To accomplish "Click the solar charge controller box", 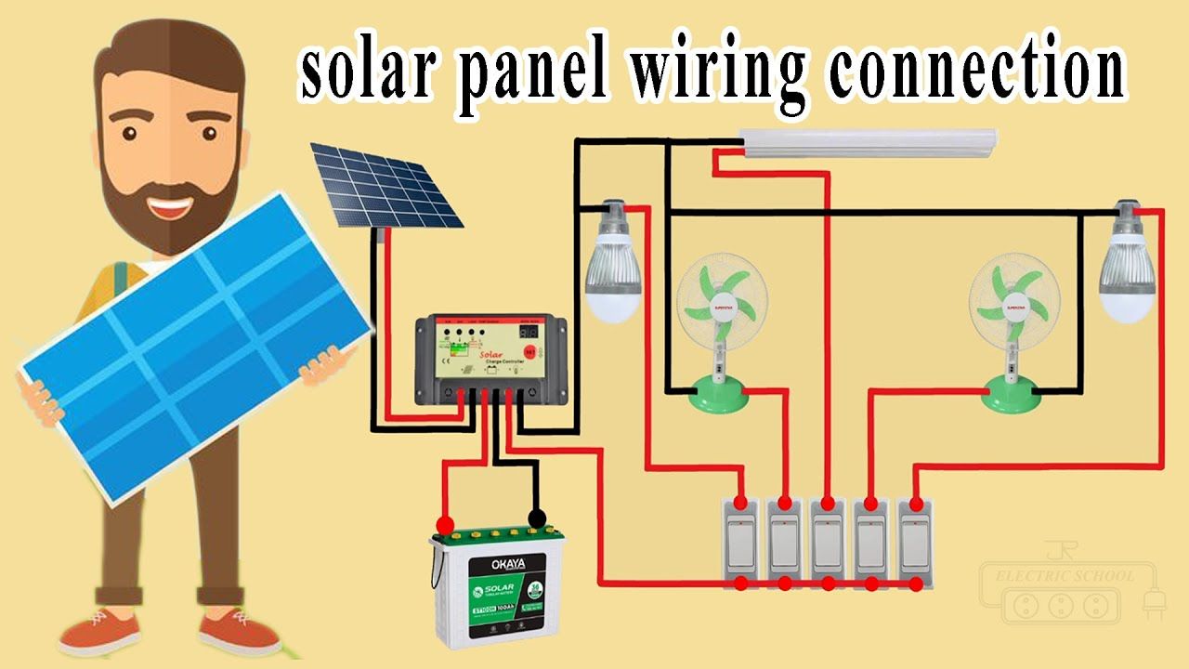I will coord(490,357).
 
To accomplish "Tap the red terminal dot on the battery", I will coord(445,523).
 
